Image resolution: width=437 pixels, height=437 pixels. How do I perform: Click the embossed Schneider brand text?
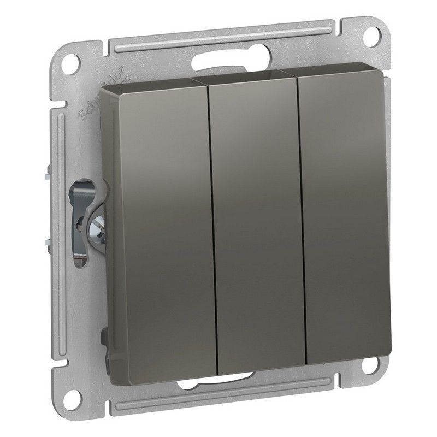pyautogui.click(x=93, y=90)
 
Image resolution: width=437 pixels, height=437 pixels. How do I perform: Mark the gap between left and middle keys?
pyautogui.click(x=213, y=229)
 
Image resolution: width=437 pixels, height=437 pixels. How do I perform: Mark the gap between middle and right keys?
pyautogui.click(x=302, y=218)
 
